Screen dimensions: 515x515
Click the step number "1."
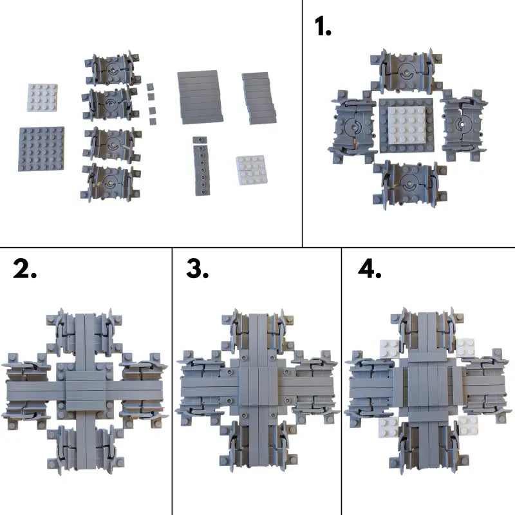(323, 26)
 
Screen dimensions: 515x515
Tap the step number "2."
(25, 268)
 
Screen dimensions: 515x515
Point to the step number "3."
(198, 268)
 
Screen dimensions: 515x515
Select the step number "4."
(370, 268)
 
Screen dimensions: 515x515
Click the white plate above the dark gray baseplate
(42, 98)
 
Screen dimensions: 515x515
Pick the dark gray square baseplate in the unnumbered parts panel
(41, 149)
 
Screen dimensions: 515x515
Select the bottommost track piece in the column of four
(111, 182)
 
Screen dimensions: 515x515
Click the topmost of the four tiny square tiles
(151, 87)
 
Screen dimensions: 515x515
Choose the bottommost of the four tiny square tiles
(153, 122)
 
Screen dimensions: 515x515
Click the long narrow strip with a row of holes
(201, 170)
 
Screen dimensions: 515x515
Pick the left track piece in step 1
(353, 127)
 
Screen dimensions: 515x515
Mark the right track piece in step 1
(464, 124)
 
